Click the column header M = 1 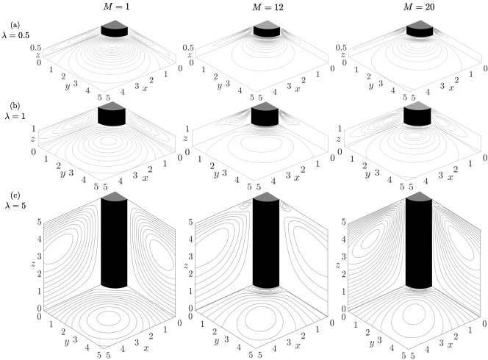tap(116, 7)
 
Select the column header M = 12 tap(268, 7)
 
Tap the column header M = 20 tap(419, 7)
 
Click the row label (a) tap(15, 24)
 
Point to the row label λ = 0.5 tap(16, 35)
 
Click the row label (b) tap(15, 106)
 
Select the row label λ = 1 tap(15, 116)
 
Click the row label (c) tap(15, 195)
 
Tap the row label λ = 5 tap(15, 206)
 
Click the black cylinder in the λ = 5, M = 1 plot tap(114, 244)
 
